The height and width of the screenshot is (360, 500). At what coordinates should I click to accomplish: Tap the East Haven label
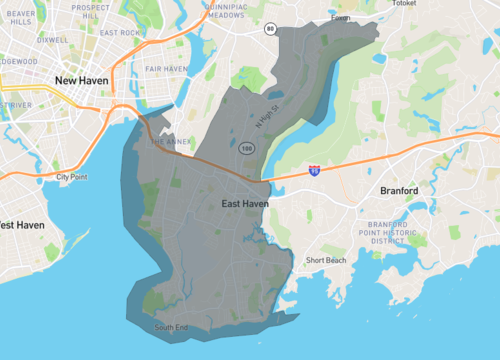(x=243, y=204)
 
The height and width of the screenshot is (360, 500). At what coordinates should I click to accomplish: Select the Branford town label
(x=404, y=189)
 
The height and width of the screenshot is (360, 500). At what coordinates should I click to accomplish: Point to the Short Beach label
(x=326, y=261)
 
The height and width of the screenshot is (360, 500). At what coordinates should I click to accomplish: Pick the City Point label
(x=71, y=177)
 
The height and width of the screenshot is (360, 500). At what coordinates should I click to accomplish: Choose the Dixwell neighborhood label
(x=52, y=41)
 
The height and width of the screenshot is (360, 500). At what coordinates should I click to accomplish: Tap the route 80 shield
(x=270, y=29)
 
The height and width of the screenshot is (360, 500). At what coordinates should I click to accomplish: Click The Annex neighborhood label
(x=170, y=142)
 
